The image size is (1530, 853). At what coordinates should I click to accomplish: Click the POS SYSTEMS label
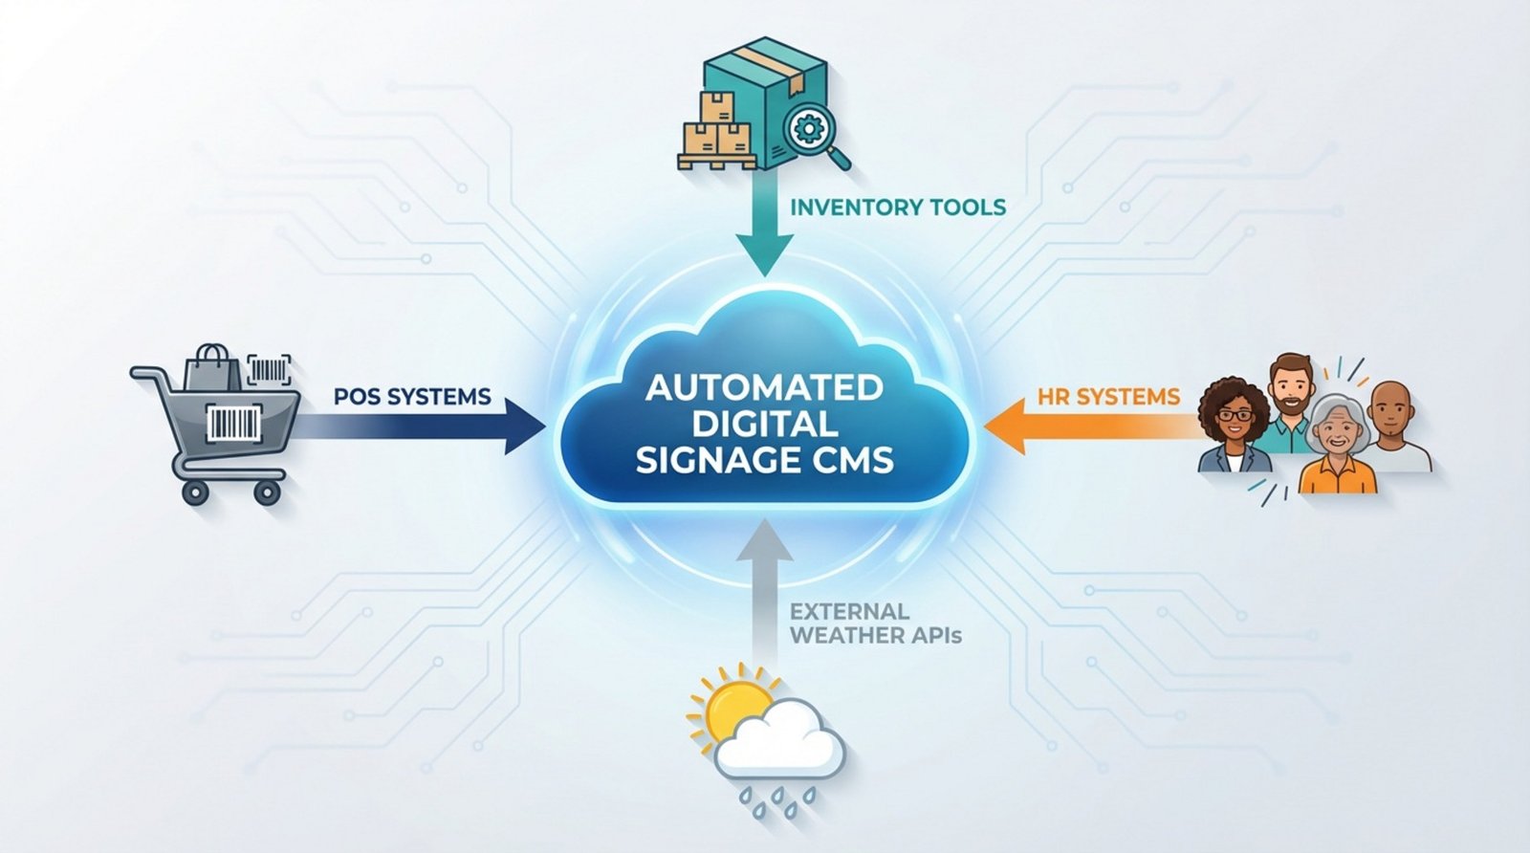pyautogui.click(x=412, y=396)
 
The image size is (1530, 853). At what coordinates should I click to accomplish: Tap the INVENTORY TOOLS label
pyautogui.click(x=898, y=207)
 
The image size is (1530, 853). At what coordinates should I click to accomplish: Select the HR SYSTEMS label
pyautogui.click(x=1108, y=396)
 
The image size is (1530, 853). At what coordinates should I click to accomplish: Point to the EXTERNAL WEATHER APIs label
pyautogui.click(x=875, y=623)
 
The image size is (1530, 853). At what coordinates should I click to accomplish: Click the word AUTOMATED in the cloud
pyautogui.click(x=764, y=387)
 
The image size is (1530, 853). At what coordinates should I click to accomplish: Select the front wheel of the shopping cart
pyautogui.click(x=267, y=492)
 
